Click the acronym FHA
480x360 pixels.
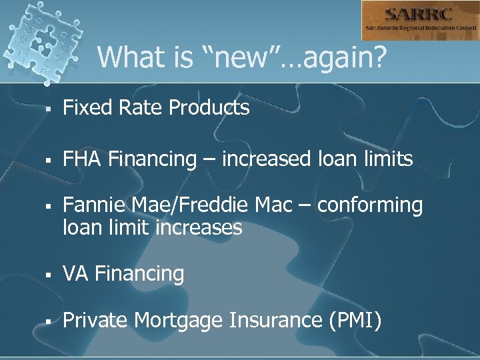click(x=83, y=159)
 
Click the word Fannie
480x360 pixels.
click(x=91, y=206)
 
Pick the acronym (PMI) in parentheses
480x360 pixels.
click(x=354, y=321)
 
